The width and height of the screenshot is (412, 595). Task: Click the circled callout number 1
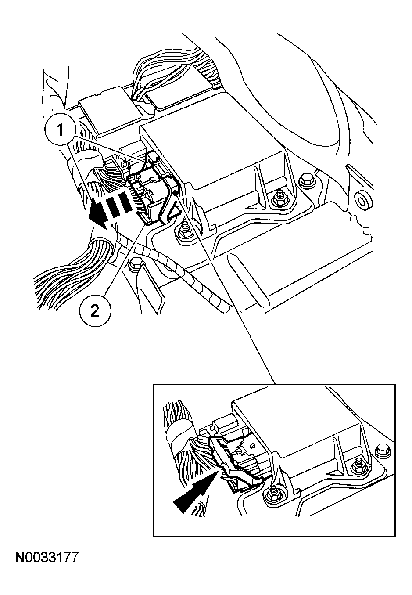click(61, 130)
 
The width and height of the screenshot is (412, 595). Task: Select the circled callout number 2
click(95, 311)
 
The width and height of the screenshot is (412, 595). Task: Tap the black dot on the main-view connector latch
click(175, 192)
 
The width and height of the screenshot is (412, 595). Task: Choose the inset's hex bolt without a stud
click(382, 448)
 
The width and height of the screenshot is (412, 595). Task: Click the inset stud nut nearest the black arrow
click(272, 495)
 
